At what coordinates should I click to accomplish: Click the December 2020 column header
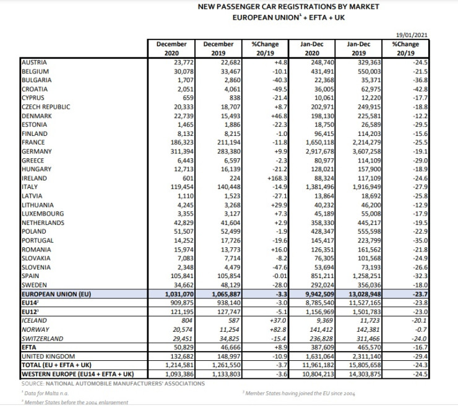(171, 49)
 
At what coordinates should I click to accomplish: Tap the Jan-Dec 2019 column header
(359, 49)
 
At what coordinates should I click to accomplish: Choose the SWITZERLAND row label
(42, 339)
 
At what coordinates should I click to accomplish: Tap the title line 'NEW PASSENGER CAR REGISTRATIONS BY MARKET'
(288, 7)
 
